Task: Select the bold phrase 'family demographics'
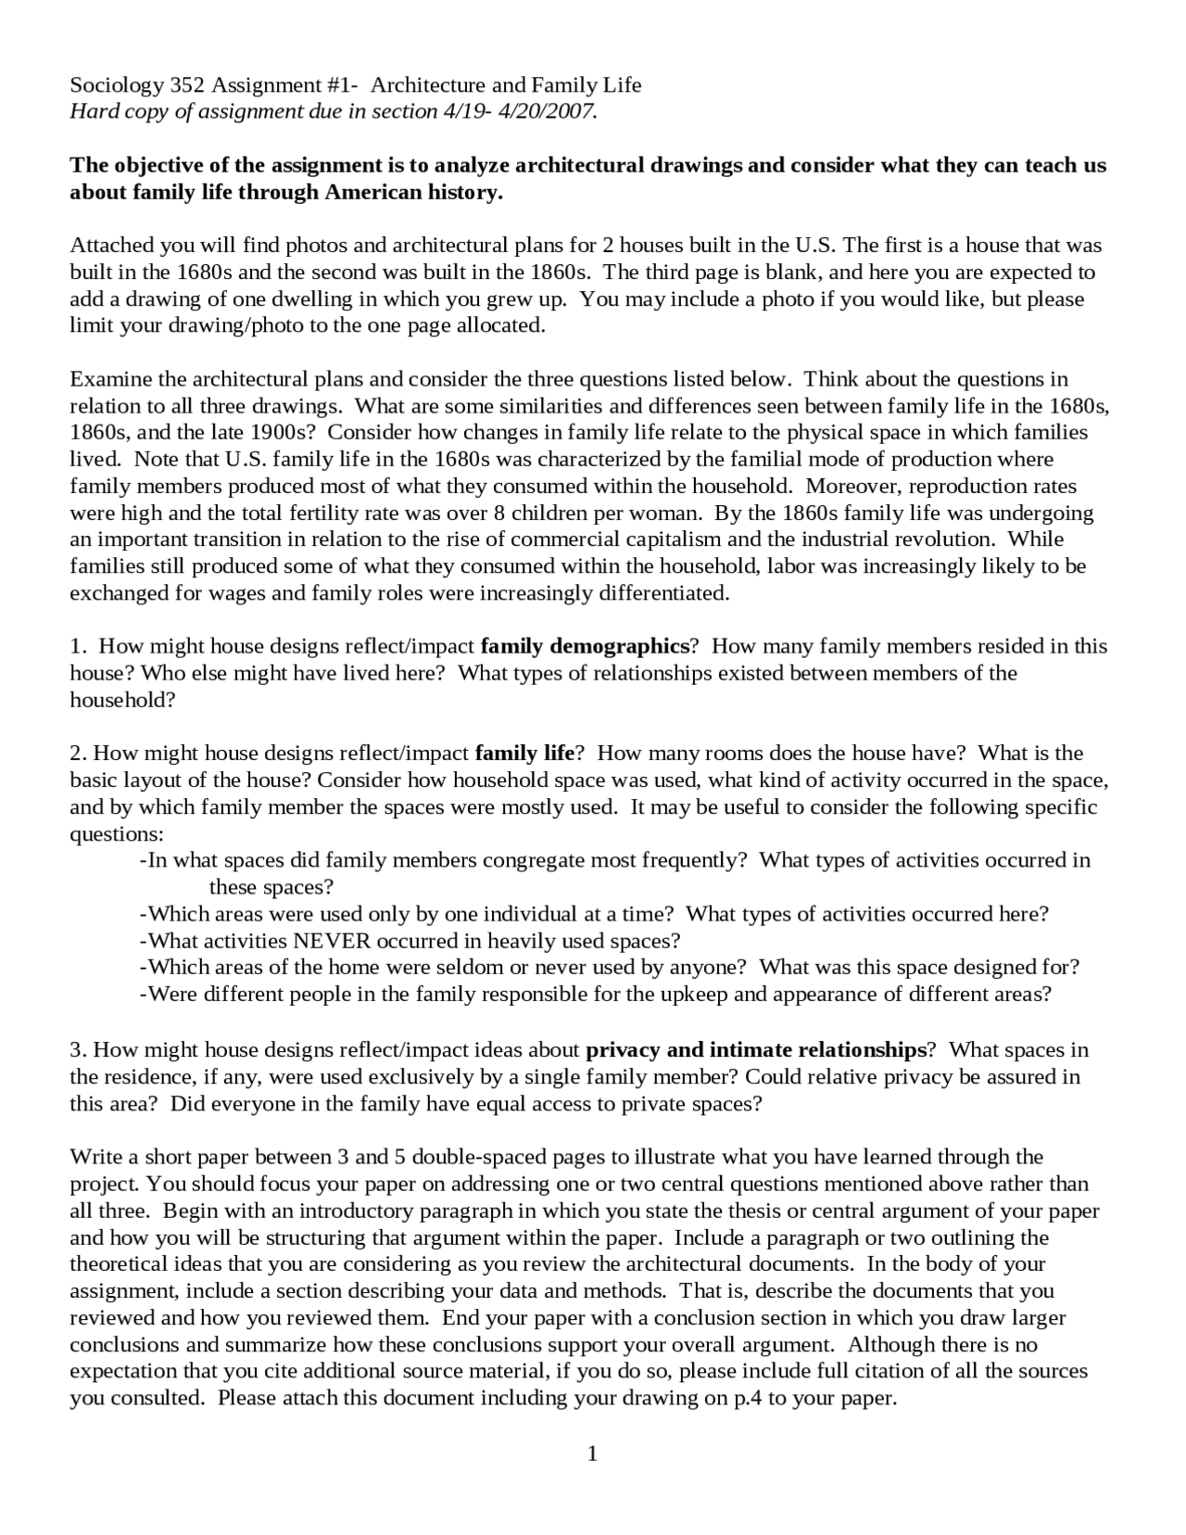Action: pos(586,646)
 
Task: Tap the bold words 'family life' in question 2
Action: pos(525,754)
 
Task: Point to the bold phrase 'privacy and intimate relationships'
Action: pos(756,1050)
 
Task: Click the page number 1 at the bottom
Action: pos(592,1453)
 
